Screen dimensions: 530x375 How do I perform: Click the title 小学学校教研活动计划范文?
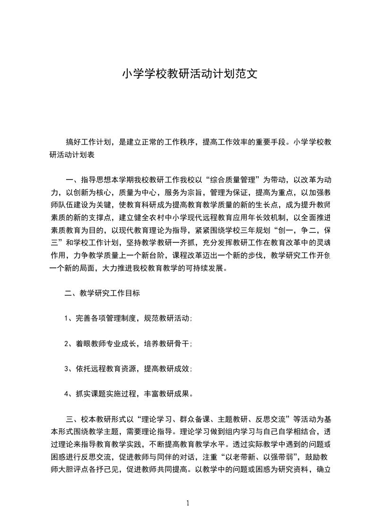pos(190,74)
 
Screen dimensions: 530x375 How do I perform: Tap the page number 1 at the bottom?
pos(188,503)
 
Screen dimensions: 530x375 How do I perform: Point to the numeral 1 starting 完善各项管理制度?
pos(67,319)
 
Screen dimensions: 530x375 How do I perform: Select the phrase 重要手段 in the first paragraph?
pos(268,142)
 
